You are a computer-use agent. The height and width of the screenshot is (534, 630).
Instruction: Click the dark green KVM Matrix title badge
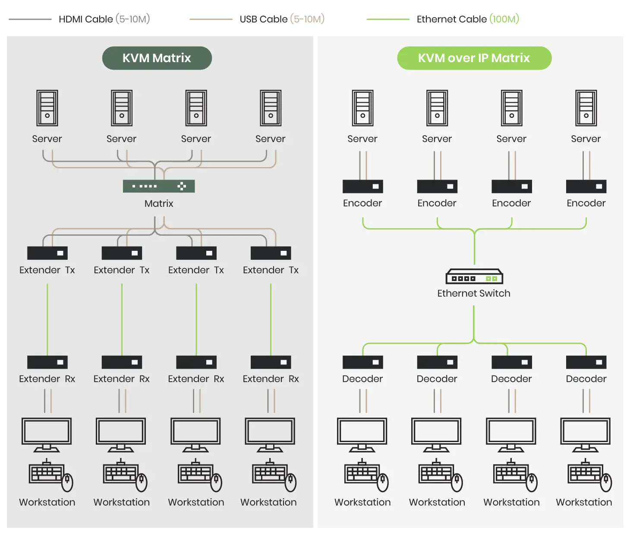[x=157, y=58]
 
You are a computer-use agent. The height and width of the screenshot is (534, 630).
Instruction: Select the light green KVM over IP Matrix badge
[x=474, y=58]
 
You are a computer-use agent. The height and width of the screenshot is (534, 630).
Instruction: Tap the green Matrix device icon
[x=159, y=186]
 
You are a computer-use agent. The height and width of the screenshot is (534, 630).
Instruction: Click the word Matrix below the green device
[x=159, y=203]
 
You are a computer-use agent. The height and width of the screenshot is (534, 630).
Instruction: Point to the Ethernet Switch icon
[x=474, y=277]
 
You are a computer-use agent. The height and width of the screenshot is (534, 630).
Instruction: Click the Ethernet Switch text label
[x=474, y=294]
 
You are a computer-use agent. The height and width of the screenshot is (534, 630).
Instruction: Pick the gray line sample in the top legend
[x=31, y=19]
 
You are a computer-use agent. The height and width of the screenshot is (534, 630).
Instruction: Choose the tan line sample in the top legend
[x=211, y=19]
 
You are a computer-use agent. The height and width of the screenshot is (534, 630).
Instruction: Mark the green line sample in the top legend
[x=388, y=19]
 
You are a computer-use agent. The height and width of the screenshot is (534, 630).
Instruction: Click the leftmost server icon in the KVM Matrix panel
[x=47, y=108]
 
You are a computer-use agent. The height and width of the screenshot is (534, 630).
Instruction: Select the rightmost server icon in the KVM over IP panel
[x=586, y=108]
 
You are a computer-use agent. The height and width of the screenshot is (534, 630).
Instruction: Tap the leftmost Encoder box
[x=362, y=186]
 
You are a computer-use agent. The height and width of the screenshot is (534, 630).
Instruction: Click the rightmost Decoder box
[x=586, y=362]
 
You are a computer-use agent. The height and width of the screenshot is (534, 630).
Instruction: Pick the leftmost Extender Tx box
[x=47, y=253]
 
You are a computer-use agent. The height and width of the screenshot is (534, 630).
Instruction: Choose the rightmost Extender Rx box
[x=271, y=362]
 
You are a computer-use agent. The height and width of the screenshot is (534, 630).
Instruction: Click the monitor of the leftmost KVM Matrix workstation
[x=47, y=432]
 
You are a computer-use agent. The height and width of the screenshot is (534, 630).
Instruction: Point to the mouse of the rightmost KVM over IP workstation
[x=607, y=482]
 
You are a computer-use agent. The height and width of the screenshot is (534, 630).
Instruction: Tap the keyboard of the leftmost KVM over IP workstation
[x=362, y=473]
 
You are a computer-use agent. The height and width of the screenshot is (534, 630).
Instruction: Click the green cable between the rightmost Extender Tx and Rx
[x=271, y=319]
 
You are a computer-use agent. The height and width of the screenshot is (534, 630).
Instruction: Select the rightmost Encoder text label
[x=586, y=203]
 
